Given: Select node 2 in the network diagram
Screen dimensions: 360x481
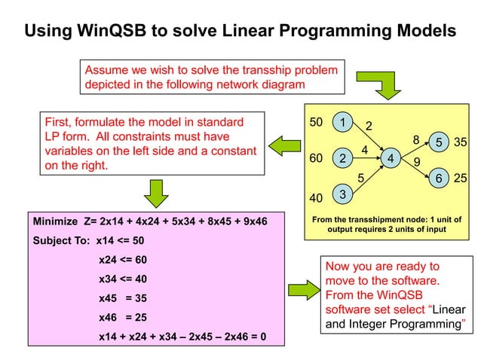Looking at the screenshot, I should (x=343, y=159).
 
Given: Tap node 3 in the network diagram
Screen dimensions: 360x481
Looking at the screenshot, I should (x=343, y=195).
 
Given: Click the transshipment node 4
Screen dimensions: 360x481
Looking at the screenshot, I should (x=391, y=159).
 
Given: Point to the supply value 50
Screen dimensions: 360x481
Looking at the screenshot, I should (x=317, y=122).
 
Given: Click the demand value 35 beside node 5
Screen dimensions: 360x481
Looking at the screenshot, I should (x=461, y=142).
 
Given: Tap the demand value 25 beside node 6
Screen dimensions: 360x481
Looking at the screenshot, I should (x=461, y=178).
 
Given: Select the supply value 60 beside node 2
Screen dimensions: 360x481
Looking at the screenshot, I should (x=317, y=159).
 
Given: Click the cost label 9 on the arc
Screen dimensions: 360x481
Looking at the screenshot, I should (x=417, y=161).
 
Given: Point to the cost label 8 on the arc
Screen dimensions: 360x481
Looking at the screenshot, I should (x=415, y=139).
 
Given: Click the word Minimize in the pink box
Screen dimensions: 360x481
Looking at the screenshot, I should (x=55, y=222).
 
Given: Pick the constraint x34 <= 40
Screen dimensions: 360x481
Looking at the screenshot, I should (x=123, y=279).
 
